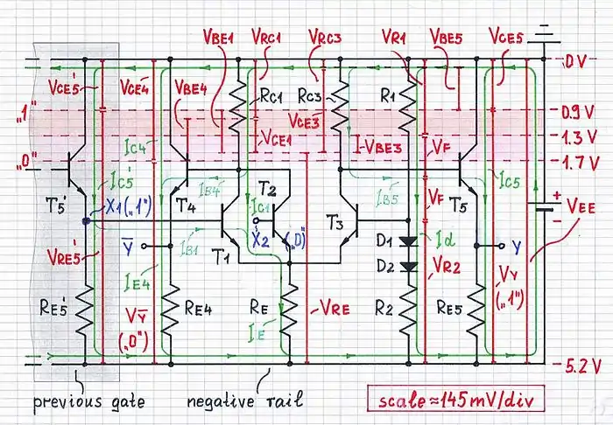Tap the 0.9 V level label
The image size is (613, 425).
tap(579, 112)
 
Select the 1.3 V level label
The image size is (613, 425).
tap(579, 136)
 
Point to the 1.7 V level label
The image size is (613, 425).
tap(579, 161)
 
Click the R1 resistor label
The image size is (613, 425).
tap(383, 89)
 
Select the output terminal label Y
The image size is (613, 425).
tap(515, 246)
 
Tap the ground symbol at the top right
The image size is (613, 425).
tap(546, 33)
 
